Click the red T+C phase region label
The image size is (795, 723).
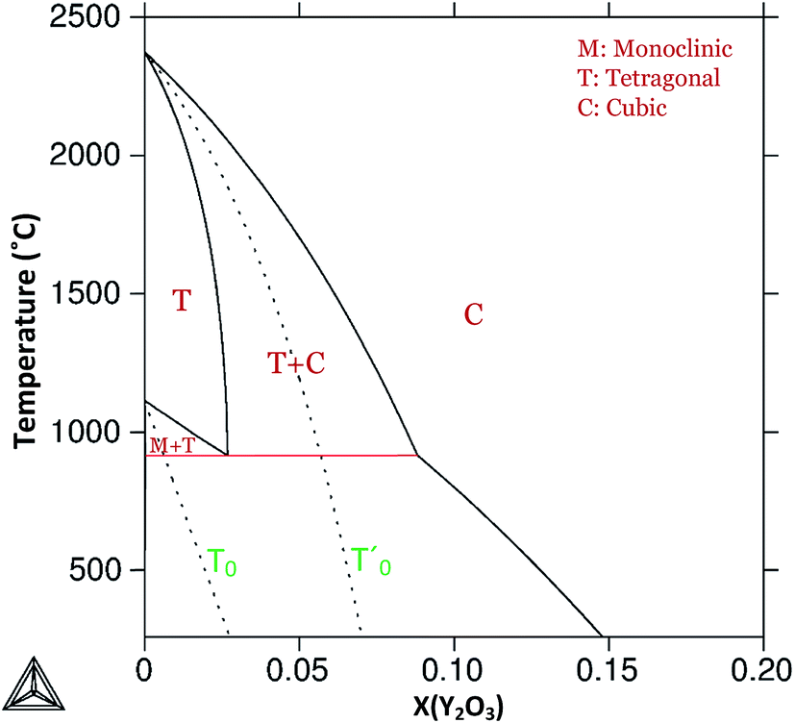tap(296, 362)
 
